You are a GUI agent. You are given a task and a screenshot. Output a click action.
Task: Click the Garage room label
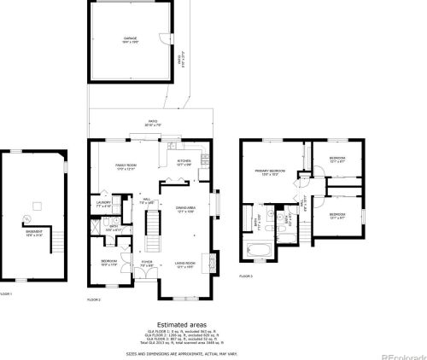[129, 39]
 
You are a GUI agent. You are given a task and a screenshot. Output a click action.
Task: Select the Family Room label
[126, 168]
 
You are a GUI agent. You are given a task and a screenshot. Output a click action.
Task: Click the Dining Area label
[186, 208]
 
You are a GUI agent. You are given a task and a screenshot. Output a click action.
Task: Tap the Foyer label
[147, 263]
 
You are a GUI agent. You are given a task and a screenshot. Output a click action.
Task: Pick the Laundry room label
[104, 205]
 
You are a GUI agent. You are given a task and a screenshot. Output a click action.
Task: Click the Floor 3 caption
[246, 277]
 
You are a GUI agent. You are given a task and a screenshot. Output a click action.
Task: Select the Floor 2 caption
[94, 299]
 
